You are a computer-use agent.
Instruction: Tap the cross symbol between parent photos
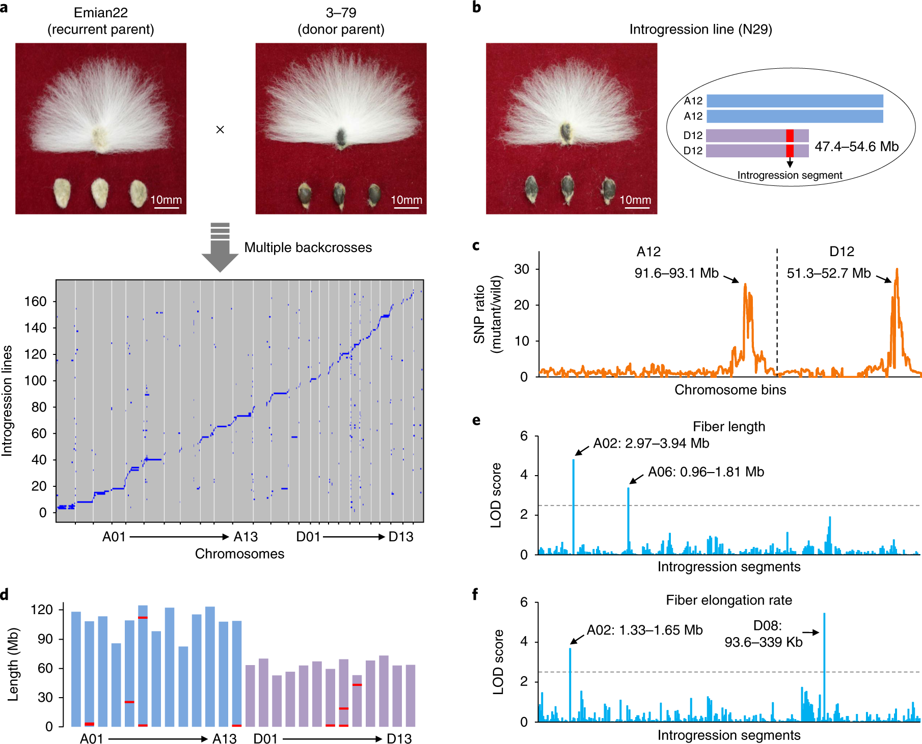[x=220, y=130]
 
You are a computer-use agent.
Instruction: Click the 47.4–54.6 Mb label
[x=856, y=147]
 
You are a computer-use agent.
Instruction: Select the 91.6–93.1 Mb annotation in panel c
[x=676, y=273]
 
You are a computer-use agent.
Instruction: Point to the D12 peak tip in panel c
[x=897, y=270]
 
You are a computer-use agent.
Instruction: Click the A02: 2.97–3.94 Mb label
[x=651, y=444]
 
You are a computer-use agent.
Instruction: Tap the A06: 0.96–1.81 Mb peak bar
[x=629, y=519]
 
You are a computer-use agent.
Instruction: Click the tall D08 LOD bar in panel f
[x=824, y=662]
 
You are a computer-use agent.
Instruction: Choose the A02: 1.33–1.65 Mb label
[x=644, y=630]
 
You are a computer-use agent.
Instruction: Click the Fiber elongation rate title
[x=728, y=600]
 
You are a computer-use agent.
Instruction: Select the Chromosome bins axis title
[x=730, y=390]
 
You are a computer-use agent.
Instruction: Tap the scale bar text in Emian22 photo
[x=166, y=200]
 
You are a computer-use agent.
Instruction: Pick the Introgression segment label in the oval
[x=790, y=175]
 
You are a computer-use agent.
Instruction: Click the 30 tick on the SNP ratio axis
[x=522, y=269]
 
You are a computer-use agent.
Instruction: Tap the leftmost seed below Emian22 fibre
[x=62, y=192]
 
